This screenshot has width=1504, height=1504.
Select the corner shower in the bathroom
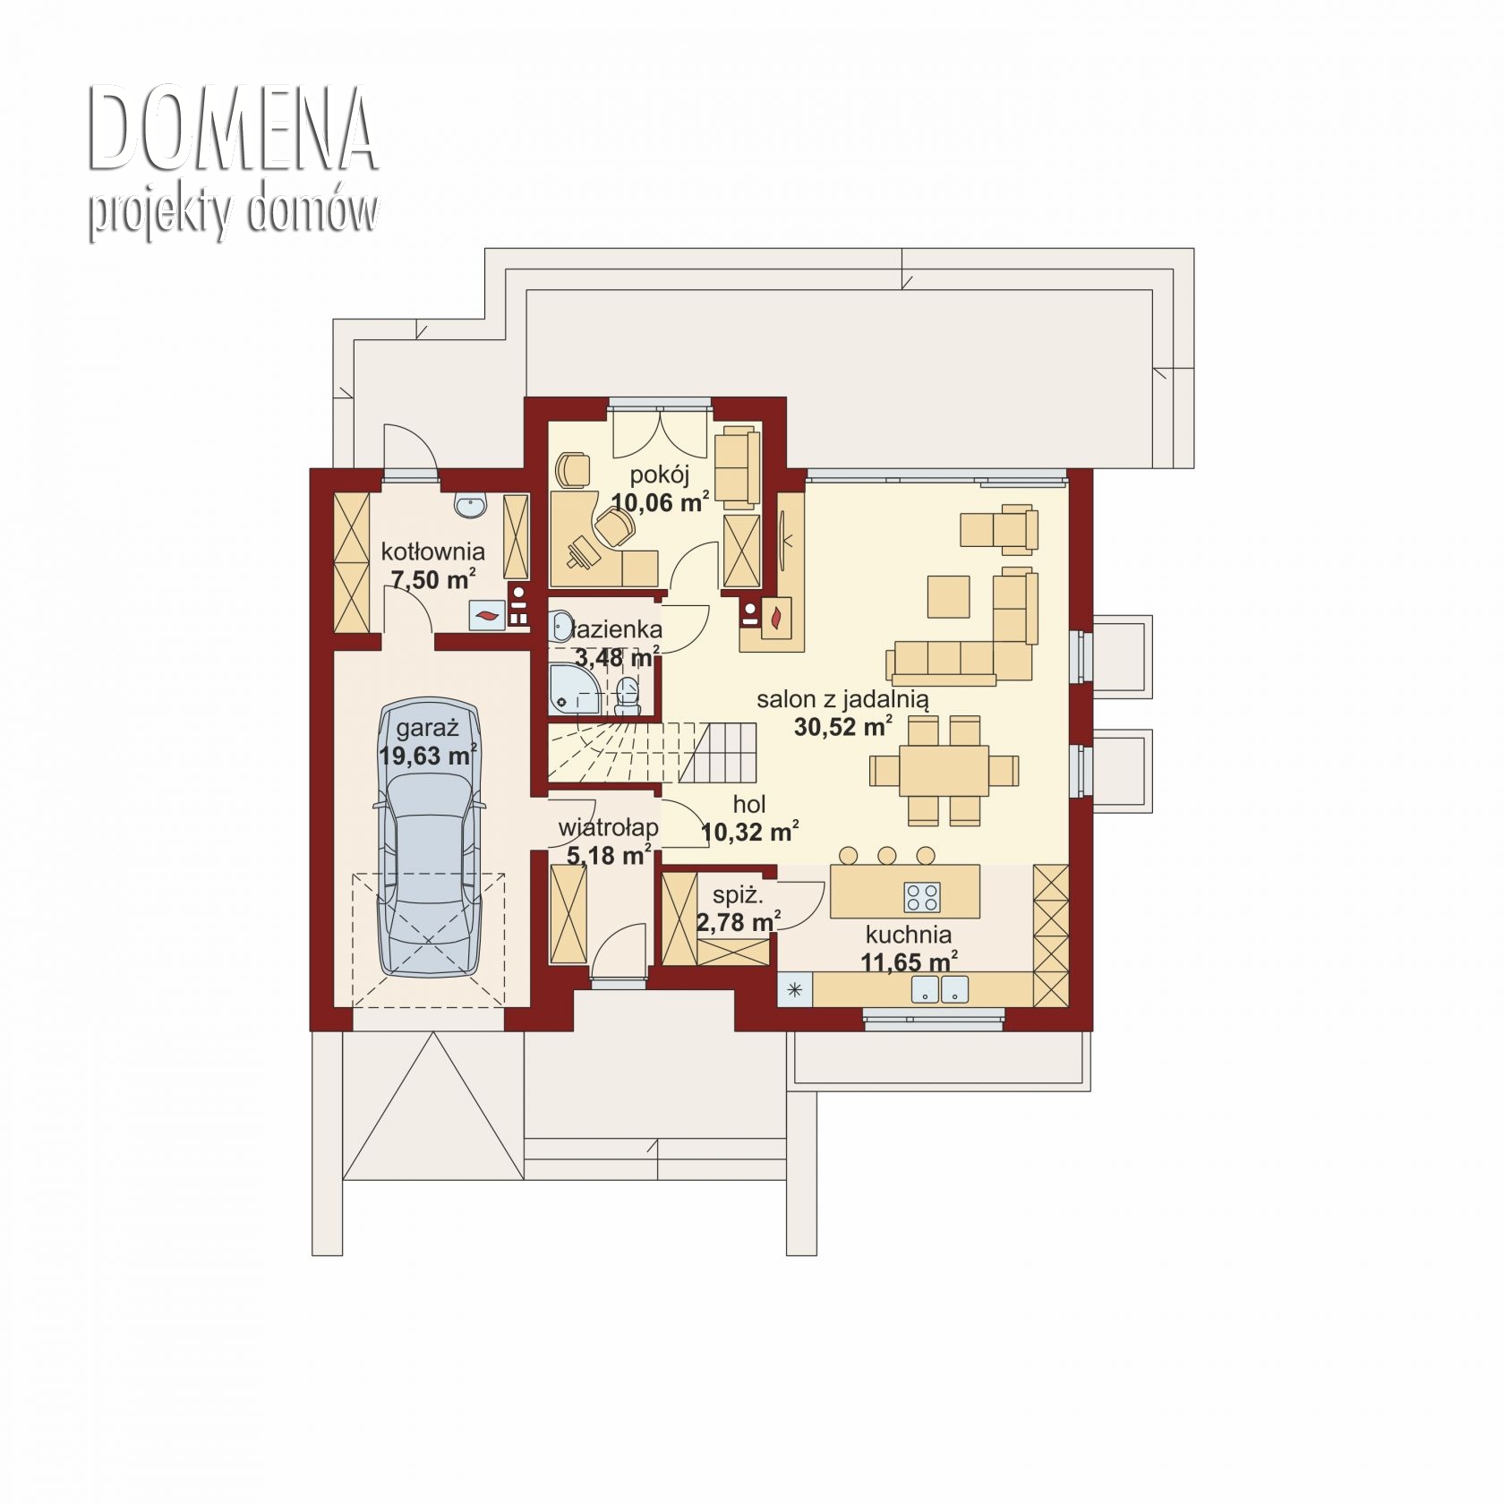[573, 689]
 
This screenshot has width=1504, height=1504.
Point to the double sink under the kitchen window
[940, 989]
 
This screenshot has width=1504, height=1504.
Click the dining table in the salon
[944, 771]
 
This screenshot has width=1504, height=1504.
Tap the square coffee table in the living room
[948, 596]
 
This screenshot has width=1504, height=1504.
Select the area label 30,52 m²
[843, 726]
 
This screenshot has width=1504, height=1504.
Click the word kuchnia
[908, 936]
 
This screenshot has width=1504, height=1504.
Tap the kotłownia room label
[433, 551]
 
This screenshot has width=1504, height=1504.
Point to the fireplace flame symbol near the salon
[774, 617]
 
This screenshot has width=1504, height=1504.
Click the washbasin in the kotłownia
[470, 506]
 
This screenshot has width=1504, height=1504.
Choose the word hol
[749, 806]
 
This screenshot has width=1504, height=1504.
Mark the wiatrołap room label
[609, 828]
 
